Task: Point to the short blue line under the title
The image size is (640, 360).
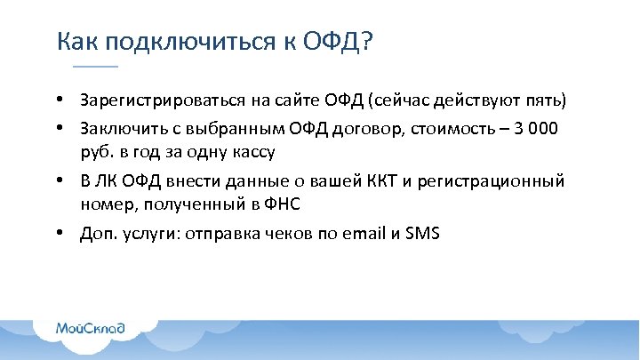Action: coord(94,67)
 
